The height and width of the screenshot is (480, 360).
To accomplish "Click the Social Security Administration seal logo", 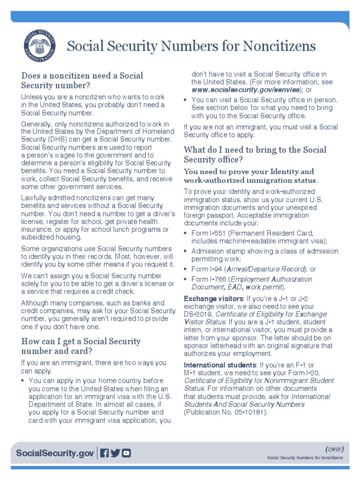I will [x=39, y=46].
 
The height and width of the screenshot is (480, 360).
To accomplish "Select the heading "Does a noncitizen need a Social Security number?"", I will [x=82, y=81].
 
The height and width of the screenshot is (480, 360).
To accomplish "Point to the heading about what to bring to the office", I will [x=255, y=155].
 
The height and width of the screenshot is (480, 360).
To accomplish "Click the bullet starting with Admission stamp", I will [x=264, y=255].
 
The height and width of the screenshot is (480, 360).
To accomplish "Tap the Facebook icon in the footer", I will [x=105, y=453].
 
